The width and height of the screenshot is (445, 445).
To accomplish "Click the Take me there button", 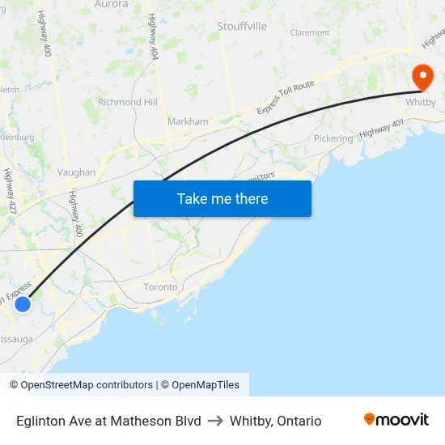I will click(x=222, y=198).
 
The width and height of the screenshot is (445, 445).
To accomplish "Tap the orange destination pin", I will click(x=422, y=78).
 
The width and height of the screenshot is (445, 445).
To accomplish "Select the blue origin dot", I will click(x=23, y=303).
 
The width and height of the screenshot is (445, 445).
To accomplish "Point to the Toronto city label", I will click(x=159, y=287).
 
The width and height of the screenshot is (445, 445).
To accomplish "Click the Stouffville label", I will click(x=242, y=27).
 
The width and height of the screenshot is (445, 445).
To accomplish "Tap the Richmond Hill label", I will click(x=127, y=103).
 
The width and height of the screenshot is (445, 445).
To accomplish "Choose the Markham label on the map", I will click(x=188, y=122).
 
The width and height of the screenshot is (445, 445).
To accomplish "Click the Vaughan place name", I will click(x=76, y=172).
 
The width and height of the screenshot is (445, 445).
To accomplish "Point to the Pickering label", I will click(x=333, y=138).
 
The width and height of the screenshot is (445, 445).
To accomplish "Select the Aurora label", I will click(x=111, y=4).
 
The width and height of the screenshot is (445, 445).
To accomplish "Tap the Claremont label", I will click(x=310, y=33).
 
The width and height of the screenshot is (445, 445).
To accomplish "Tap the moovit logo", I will click(x=396, y=419).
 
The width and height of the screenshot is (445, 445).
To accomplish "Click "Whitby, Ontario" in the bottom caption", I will click(x=275, y=421).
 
